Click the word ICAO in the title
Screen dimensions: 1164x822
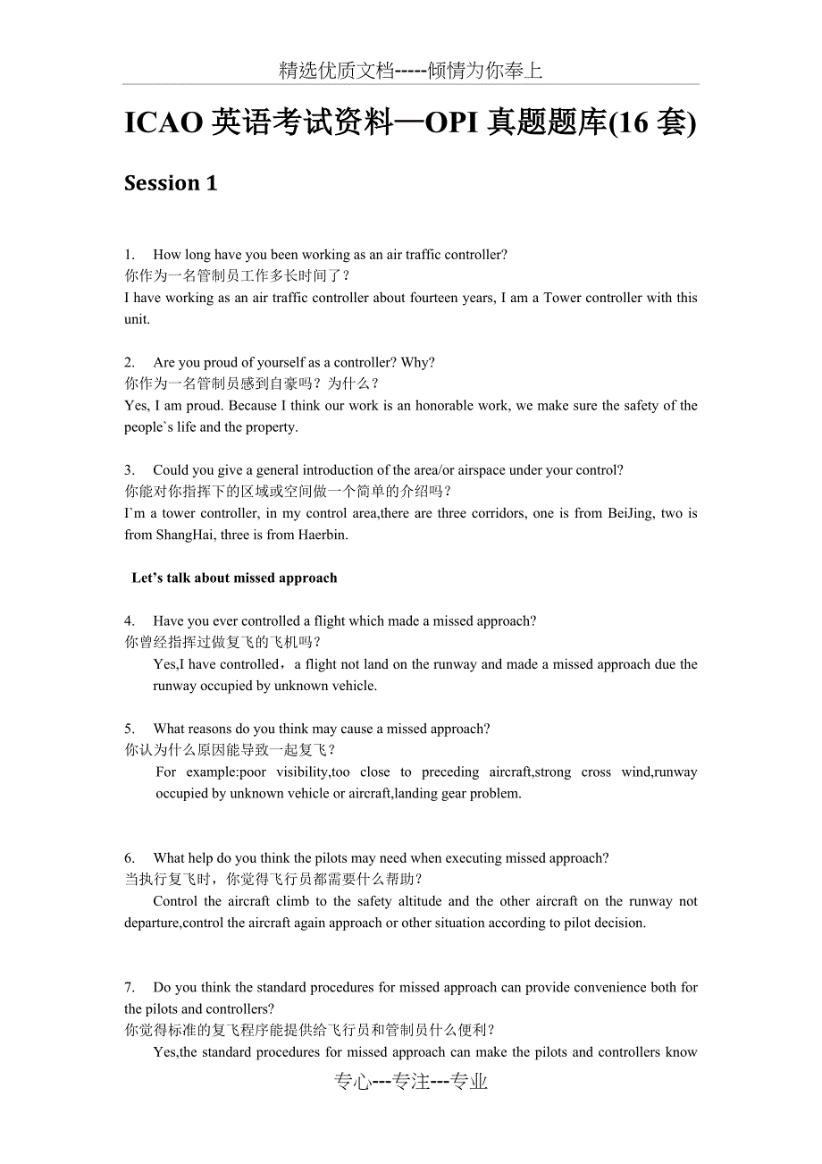coord(164,124)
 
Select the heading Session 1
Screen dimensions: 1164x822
coord(171,183)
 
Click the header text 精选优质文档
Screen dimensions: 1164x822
coord(336,72)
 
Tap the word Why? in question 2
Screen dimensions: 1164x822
coord(418,362)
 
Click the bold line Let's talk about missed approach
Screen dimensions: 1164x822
coord(234,578)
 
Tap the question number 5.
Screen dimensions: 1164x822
coord(130,729)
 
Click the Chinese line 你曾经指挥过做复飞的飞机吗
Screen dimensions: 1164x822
coord(222,642)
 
